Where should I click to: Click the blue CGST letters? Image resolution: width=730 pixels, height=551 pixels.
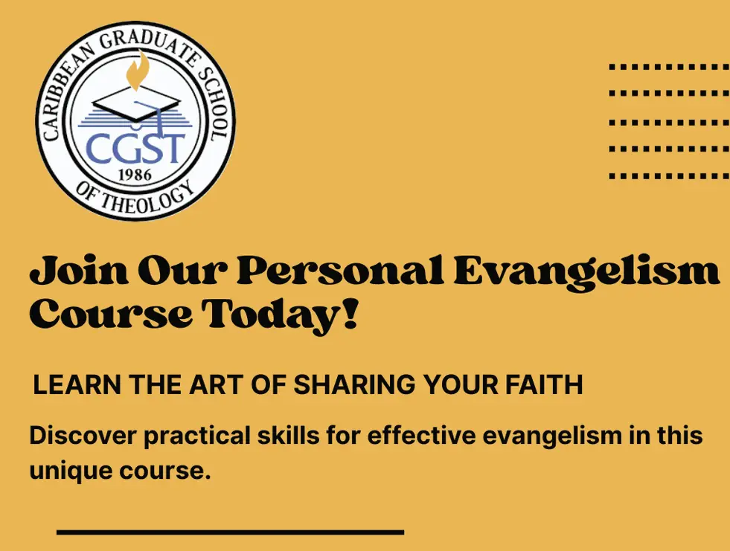pyautogui.click(x=135, y=147)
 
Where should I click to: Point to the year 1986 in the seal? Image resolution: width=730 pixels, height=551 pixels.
pyautogui.click(x=135, y=175)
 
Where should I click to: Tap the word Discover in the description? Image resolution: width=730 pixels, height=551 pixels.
pyautogui.click(x=83, y=436)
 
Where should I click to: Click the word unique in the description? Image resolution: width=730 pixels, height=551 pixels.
pyautogui.click(x=71, y=471)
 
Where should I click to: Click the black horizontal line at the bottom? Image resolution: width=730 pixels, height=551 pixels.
pyautogui.click(x=230, y=532)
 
